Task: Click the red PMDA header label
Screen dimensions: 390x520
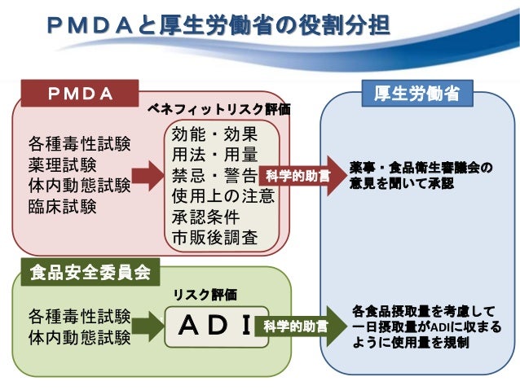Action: point(80,94)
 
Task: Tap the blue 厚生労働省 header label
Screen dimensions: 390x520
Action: point(416,94)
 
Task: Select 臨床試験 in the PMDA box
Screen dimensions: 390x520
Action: point(62,206)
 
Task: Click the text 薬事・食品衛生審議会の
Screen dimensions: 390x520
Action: point(421,167)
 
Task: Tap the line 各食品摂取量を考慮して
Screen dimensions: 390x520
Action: point(423,311)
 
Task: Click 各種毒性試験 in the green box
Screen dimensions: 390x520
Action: point(79,315)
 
